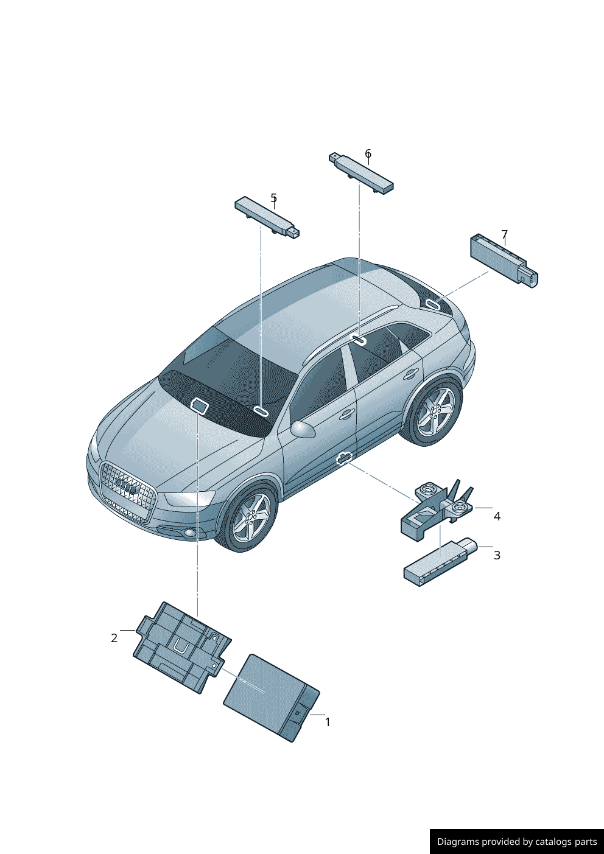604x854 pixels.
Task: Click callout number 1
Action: pos(327,722)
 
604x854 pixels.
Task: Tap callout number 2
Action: pos(114,638)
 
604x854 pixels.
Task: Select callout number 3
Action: pos(497,555)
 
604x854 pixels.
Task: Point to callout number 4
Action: pos(497,516)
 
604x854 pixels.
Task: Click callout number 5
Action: pos(274,198)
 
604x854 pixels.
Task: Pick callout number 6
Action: pos(368,153)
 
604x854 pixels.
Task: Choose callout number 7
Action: pos(505,234)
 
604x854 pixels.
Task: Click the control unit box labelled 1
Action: pos(271,698)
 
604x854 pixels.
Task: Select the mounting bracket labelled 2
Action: pos(182,648)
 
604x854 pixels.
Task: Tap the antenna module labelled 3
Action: pos(440,562)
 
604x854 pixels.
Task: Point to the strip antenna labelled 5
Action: pos(267,218)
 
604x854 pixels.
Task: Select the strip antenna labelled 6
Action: pos(361,173)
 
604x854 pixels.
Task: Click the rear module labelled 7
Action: pos(504,261)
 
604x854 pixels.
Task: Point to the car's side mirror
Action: pos(303,429)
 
